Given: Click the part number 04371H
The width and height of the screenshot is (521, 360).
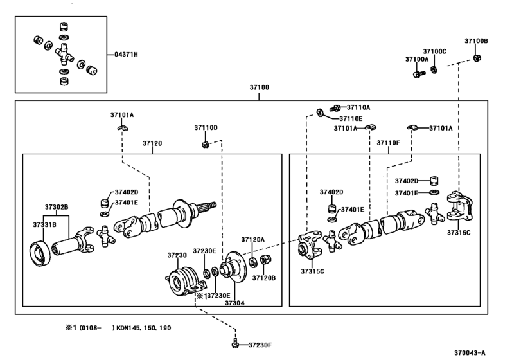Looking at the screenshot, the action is (127, 54).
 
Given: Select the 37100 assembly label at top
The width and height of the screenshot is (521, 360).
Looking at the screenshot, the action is (259, 87).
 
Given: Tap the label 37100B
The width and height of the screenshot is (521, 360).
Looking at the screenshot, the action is (476, 41).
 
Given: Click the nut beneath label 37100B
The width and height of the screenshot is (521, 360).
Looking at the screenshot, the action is (477, 58).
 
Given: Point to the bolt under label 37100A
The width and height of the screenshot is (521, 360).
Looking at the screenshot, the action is (419, 74).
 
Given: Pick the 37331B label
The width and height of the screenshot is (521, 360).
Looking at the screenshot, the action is (44, 225).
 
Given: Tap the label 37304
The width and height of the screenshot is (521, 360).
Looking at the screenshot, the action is (234, 303).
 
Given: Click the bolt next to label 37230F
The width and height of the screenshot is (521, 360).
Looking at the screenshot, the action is (235, 344).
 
